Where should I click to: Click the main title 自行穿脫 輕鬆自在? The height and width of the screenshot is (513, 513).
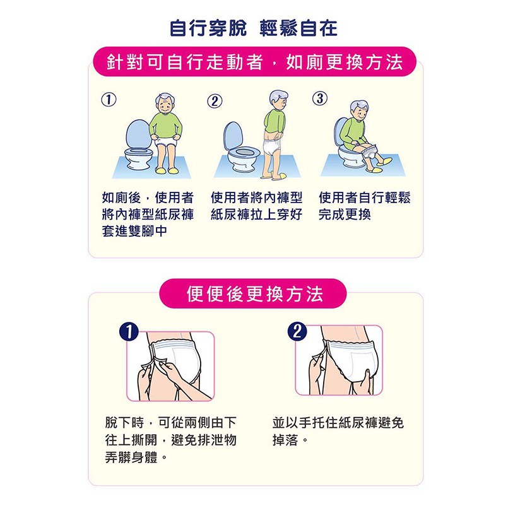254,28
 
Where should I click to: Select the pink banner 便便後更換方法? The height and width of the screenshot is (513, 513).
253,293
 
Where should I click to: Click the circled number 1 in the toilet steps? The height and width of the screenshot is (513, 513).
109,100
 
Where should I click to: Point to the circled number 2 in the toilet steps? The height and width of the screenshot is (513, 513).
215,101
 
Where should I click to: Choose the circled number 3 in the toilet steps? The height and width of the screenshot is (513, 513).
320,98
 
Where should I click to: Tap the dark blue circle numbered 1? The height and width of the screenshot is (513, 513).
129,331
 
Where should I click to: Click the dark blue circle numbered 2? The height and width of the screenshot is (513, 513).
297,331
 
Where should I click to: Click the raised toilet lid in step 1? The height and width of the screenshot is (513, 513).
139,135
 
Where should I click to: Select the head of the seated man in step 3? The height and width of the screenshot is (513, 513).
359,110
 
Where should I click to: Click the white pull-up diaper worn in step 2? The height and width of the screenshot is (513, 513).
272,146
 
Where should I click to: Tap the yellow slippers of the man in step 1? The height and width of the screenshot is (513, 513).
166,170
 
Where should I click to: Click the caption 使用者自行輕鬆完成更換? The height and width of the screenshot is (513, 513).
364,206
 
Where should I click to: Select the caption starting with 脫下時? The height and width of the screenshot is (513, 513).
170,440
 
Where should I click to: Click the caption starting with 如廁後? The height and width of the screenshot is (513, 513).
148,215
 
